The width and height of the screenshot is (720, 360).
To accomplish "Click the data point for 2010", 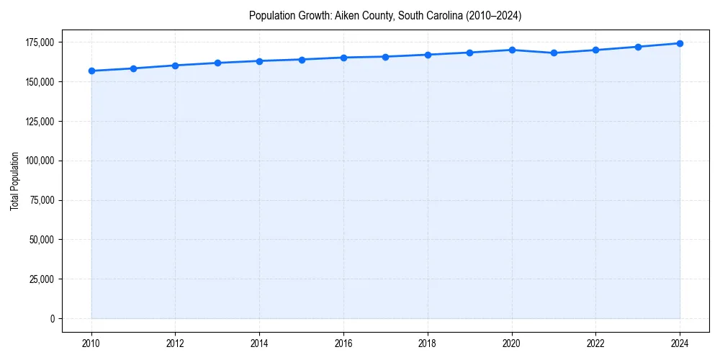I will coord(91,71).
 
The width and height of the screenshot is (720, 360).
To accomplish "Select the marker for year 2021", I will coord(554,53).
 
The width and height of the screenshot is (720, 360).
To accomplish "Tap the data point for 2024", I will coord(680,43).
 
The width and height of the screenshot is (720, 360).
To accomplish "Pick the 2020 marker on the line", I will coord(512,50).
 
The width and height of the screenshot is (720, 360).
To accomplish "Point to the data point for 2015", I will coord(302,60).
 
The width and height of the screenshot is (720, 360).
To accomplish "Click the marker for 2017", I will coord(386,57).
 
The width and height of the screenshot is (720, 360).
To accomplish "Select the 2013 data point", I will coord(217,63).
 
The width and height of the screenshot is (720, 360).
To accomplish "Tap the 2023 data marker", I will coord(638,47).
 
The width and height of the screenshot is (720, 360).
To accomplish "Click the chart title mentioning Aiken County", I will coord(385,15).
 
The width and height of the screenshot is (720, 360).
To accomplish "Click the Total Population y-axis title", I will coord(15,181).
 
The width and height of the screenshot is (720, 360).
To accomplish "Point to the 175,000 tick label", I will coord(39,42).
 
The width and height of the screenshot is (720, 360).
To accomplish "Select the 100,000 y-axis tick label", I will coord(39,161).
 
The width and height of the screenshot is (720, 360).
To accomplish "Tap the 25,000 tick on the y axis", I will coord(41,279).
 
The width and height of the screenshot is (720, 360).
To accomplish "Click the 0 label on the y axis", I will coord(52,318).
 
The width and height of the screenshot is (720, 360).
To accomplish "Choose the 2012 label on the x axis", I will coord(175,343).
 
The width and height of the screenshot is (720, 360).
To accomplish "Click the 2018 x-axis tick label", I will coord(428,343).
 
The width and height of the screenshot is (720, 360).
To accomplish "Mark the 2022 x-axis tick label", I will coord(595,343).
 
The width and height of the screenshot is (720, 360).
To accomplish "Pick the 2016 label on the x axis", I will coord(343,343).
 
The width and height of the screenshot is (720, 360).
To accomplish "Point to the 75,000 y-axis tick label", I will coord(41,200).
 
